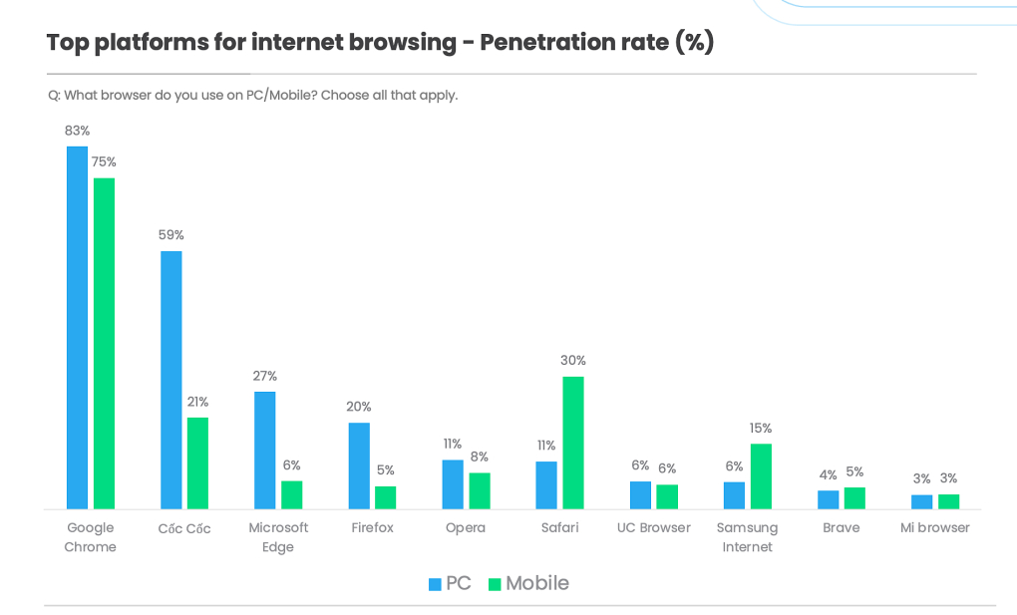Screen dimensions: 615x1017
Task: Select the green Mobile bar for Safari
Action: (x=572, y=443)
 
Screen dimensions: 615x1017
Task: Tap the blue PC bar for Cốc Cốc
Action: (x=170, y=380)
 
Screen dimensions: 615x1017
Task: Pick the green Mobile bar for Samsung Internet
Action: (x=761, y=476)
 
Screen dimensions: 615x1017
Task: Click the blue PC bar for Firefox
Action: (x=359, y=465)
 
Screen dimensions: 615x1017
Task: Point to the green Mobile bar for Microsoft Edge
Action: (x=291, y=494)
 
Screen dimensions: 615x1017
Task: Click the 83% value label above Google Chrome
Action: (x=77, y=131)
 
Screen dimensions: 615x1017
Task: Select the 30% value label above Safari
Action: (x=572, y=361)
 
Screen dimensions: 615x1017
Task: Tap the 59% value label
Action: (x=170, y=235)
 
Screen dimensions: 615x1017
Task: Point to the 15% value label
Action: (x=761, y=429)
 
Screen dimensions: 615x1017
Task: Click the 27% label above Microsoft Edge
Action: (x=264, y=376)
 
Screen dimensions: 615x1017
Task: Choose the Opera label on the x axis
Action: (x=466, y=527)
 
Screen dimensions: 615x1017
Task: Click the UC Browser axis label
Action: (x=653, y=527)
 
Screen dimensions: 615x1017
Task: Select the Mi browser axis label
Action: (x=935, y=527)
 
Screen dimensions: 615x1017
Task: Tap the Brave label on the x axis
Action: (x=842, y=527)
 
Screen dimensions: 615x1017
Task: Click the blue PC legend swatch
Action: (x=435, y=584)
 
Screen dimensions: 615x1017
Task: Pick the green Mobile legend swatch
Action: (x=494, y=584)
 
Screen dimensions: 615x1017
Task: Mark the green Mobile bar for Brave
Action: (x=854, y=497)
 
